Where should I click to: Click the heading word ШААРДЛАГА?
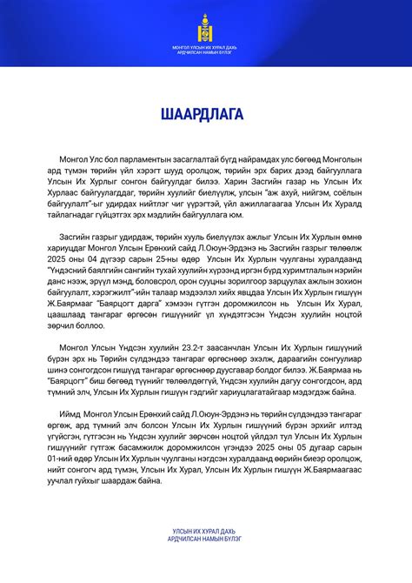(206, 114)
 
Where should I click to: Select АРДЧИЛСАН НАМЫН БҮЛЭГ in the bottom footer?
(206, 539)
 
